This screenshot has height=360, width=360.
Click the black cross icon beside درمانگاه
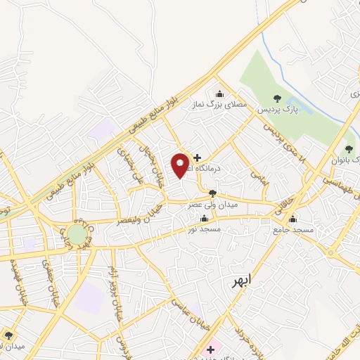[x=197, y=157]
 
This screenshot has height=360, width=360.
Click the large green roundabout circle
[x=77, y=234]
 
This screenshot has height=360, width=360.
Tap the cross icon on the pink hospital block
[x=210, y=349]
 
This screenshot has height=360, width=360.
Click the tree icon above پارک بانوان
[x=349, y=148]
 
